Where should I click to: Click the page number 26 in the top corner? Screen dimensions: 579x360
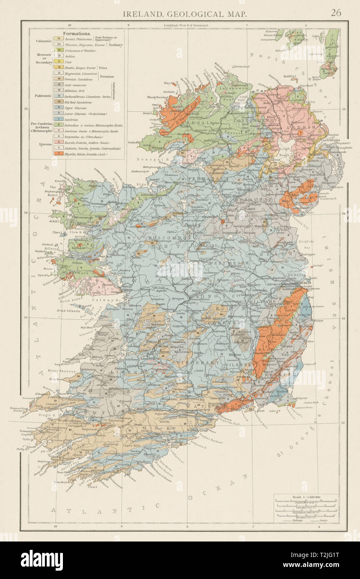[336, 12]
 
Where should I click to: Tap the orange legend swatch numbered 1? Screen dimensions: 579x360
[59, 154]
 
